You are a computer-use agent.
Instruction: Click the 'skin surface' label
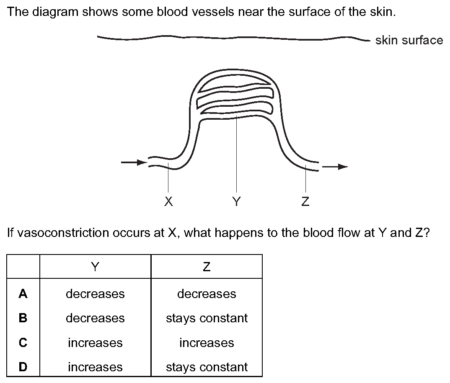point(409,40)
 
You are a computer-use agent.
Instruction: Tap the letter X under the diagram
point(168,201)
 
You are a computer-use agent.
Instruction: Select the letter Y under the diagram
point(236,201)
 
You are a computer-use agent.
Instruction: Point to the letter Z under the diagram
point(305,201)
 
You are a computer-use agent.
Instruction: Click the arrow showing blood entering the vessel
point(134,162)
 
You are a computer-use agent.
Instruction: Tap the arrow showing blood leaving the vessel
point(335,167)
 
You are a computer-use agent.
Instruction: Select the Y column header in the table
point(95,267)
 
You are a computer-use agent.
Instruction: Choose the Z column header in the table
point(207,267)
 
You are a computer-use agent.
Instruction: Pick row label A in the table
point(23,293)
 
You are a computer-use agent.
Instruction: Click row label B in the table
point(23,318)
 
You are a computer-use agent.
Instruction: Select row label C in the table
point(23,342)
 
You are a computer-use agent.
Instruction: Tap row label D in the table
point(23,367)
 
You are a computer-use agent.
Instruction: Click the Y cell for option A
point(95,294)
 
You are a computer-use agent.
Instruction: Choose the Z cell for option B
point(207,318)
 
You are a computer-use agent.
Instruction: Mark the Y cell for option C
point(95,343)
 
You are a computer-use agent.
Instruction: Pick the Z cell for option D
point(207,367)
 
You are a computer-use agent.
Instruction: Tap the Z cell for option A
point(207,294)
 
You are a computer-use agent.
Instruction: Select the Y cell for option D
point(95,367)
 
